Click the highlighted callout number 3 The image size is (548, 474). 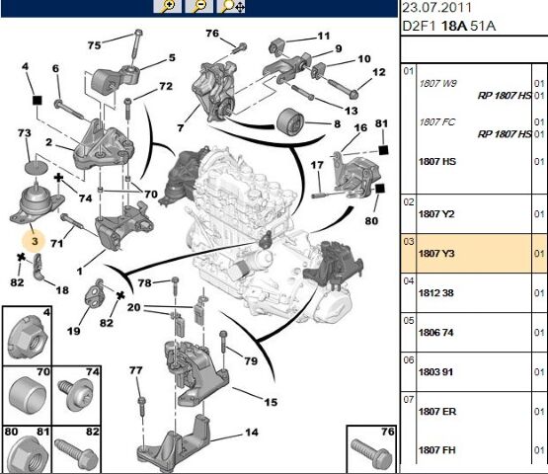[x=34, y=240]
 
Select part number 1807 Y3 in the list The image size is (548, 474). [x=437, y=254]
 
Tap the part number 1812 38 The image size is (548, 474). [x=437, y=293]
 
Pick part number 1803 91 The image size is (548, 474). [x=437, y=372]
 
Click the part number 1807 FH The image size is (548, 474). [x=437, y=451]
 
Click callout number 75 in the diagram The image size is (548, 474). [x=94, y=45]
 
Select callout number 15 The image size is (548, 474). [x=270, y=401]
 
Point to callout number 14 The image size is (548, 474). [x=252, y=433]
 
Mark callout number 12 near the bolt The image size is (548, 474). [x=379, y=73]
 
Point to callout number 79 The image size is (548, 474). [x=250, y=361]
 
